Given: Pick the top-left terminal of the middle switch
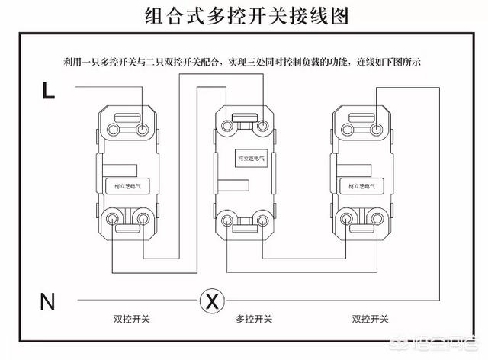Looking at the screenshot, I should pos(229,124).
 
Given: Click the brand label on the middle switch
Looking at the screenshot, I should pos(249,159).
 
